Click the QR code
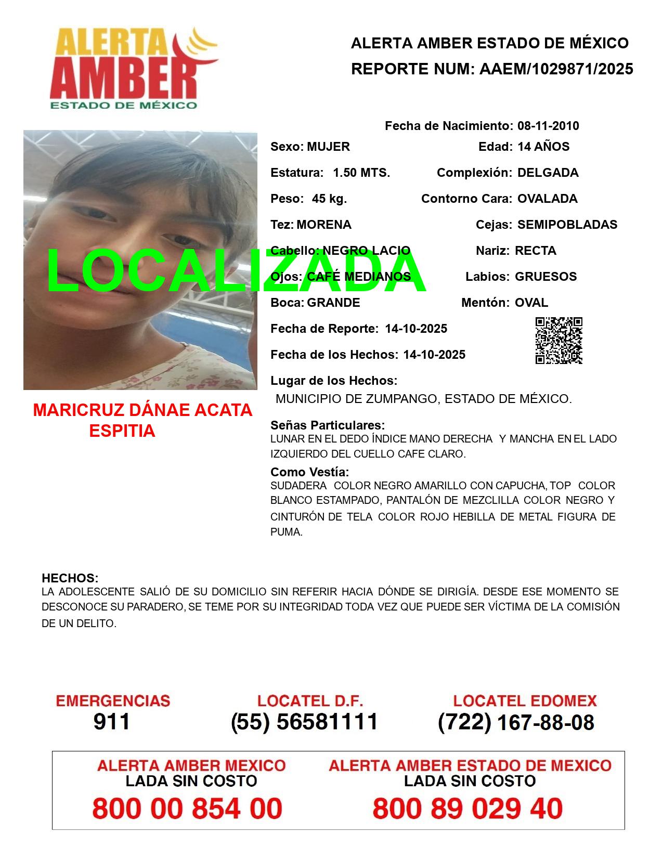[x=558, y=341]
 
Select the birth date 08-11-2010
[x=548, y=126]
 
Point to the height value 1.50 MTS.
[x=361, y=173]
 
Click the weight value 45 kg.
[x=329, y=199]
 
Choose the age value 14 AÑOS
[x=543, y=147]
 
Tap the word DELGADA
[x=548, y=173]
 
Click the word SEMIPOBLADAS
[x=567, y=225]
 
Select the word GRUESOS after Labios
[x=545, y=277]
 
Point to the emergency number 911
[x=112, y=722]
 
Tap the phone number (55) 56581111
[x=304, y=722]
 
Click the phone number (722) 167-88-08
[x=516, y=722]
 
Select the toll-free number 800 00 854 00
[x=187, y=809]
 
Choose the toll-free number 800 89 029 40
[x=467, y=809]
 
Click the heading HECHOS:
[x=70, y=578]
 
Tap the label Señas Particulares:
[x=328, y=425]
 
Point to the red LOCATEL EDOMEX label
[x=525, y=701]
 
